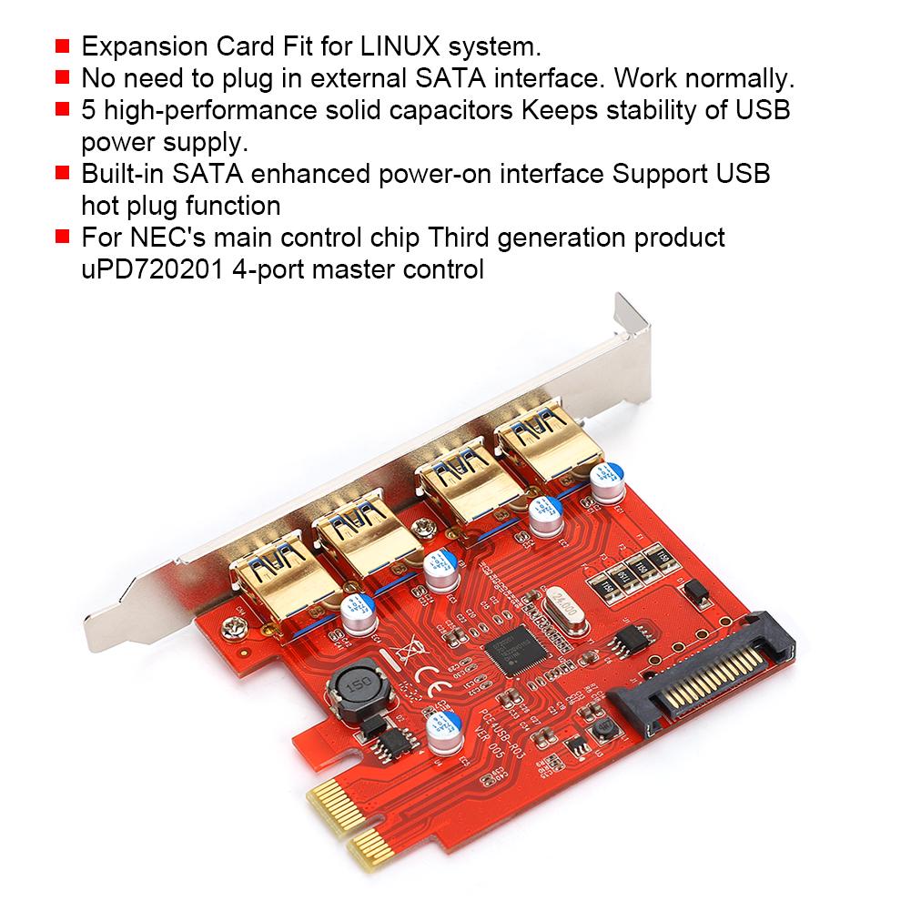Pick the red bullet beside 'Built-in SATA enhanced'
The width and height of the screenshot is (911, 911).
pyautogui.click(x=62, y=174)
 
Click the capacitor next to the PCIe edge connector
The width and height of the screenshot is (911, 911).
pyautogui.click(x=440, y=733)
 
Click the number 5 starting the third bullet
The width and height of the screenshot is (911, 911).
pyautogui.click(x=88, y=110)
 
